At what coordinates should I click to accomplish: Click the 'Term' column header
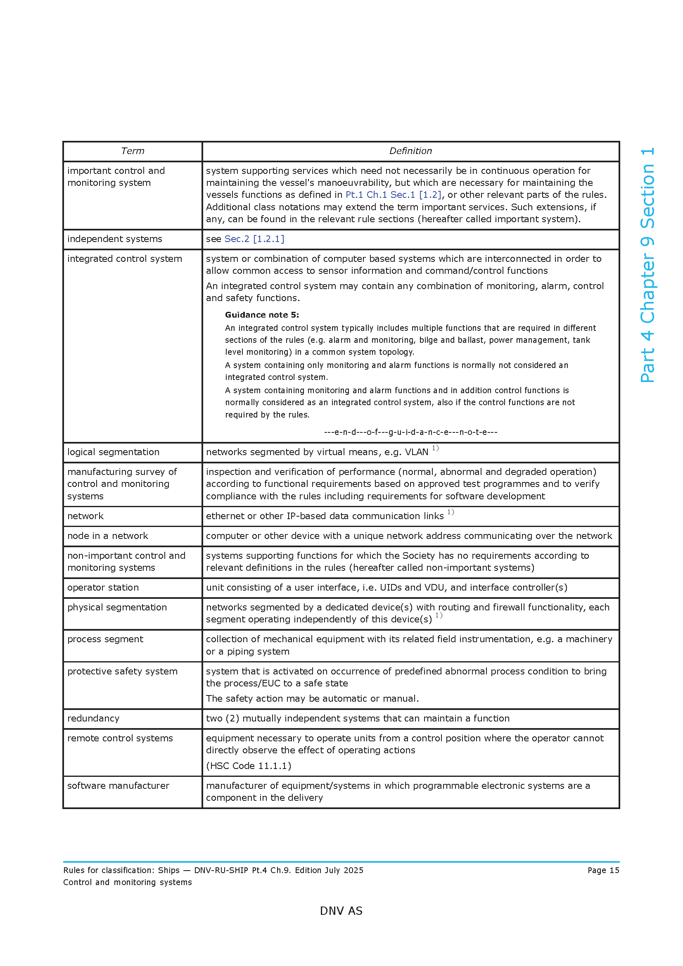click(133, 151)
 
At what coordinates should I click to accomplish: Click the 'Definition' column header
click(410, 151)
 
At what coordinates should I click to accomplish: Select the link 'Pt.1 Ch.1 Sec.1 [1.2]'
click(393, 195)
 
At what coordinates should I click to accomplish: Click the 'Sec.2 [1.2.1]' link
click(254, 239)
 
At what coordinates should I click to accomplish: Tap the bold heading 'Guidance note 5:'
click(261, 315)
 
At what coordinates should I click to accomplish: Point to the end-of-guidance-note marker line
click(410, 432)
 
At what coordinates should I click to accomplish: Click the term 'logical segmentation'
click(113, 452)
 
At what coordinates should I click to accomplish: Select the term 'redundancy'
click(93, 719)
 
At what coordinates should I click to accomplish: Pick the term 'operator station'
click(103, 588)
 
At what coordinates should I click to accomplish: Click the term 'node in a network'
click(108, 536)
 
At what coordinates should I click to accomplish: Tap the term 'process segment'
click(105, 639)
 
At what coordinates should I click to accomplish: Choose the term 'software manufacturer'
click(118, 786)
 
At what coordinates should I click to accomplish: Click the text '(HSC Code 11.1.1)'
click(249, 766)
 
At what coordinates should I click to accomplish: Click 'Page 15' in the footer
click(603, 871)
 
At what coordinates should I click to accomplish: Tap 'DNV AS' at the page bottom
click(341, 911)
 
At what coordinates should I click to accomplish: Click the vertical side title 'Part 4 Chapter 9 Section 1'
click(647, 265)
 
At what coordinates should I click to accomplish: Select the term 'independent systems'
click(114, 239)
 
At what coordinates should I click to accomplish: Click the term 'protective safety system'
click(122, 672)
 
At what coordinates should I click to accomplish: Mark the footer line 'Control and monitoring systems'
click(128, 882)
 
